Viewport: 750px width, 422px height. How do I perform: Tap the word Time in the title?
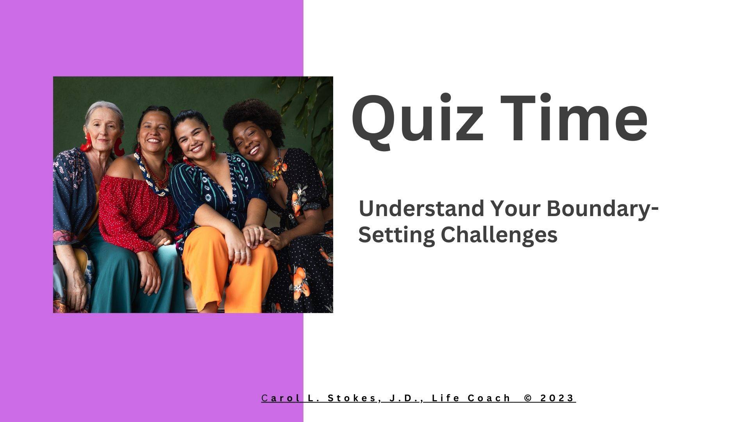pos(574,117)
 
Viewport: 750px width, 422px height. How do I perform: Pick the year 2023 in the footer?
pos(557,398)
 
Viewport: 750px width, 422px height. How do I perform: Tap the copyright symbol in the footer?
pos(528,398)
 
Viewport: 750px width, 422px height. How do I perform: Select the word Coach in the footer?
pos(489,398)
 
